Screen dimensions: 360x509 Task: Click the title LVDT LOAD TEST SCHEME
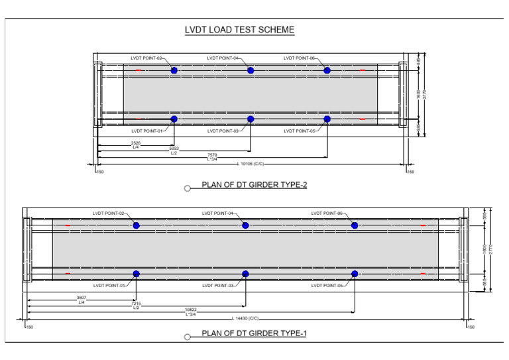point(239,30)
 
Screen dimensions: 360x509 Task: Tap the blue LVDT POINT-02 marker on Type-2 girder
point(174,70)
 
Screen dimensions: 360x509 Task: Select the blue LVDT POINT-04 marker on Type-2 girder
point(251,70)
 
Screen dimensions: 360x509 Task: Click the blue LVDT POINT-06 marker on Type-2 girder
point(327,70)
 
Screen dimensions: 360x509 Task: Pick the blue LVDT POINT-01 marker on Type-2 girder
point(174,119)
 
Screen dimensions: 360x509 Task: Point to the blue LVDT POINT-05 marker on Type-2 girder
point(327,119)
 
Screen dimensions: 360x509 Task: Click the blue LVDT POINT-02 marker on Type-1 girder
point(136,225)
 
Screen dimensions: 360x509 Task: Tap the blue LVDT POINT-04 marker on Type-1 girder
point(245,225)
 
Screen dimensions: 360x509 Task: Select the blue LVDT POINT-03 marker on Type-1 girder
point(245,274)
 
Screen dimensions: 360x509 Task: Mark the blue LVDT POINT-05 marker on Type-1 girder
point(355,274)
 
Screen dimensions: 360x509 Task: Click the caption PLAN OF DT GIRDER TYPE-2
point(254,185)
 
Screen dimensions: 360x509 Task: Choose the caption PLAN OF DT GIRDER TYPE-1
point(254,333)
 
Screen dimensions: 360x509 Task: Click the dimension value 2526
point(135,143)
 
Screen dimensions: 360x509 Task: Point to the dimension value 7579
point(212,154)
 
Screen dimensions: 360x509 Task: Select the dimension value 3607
point(81,298)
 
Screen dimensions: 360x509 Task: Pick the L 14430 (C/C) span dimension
point(245,319)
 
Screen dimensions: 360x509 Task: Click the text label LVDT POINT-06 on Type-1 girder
point(327,213)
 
